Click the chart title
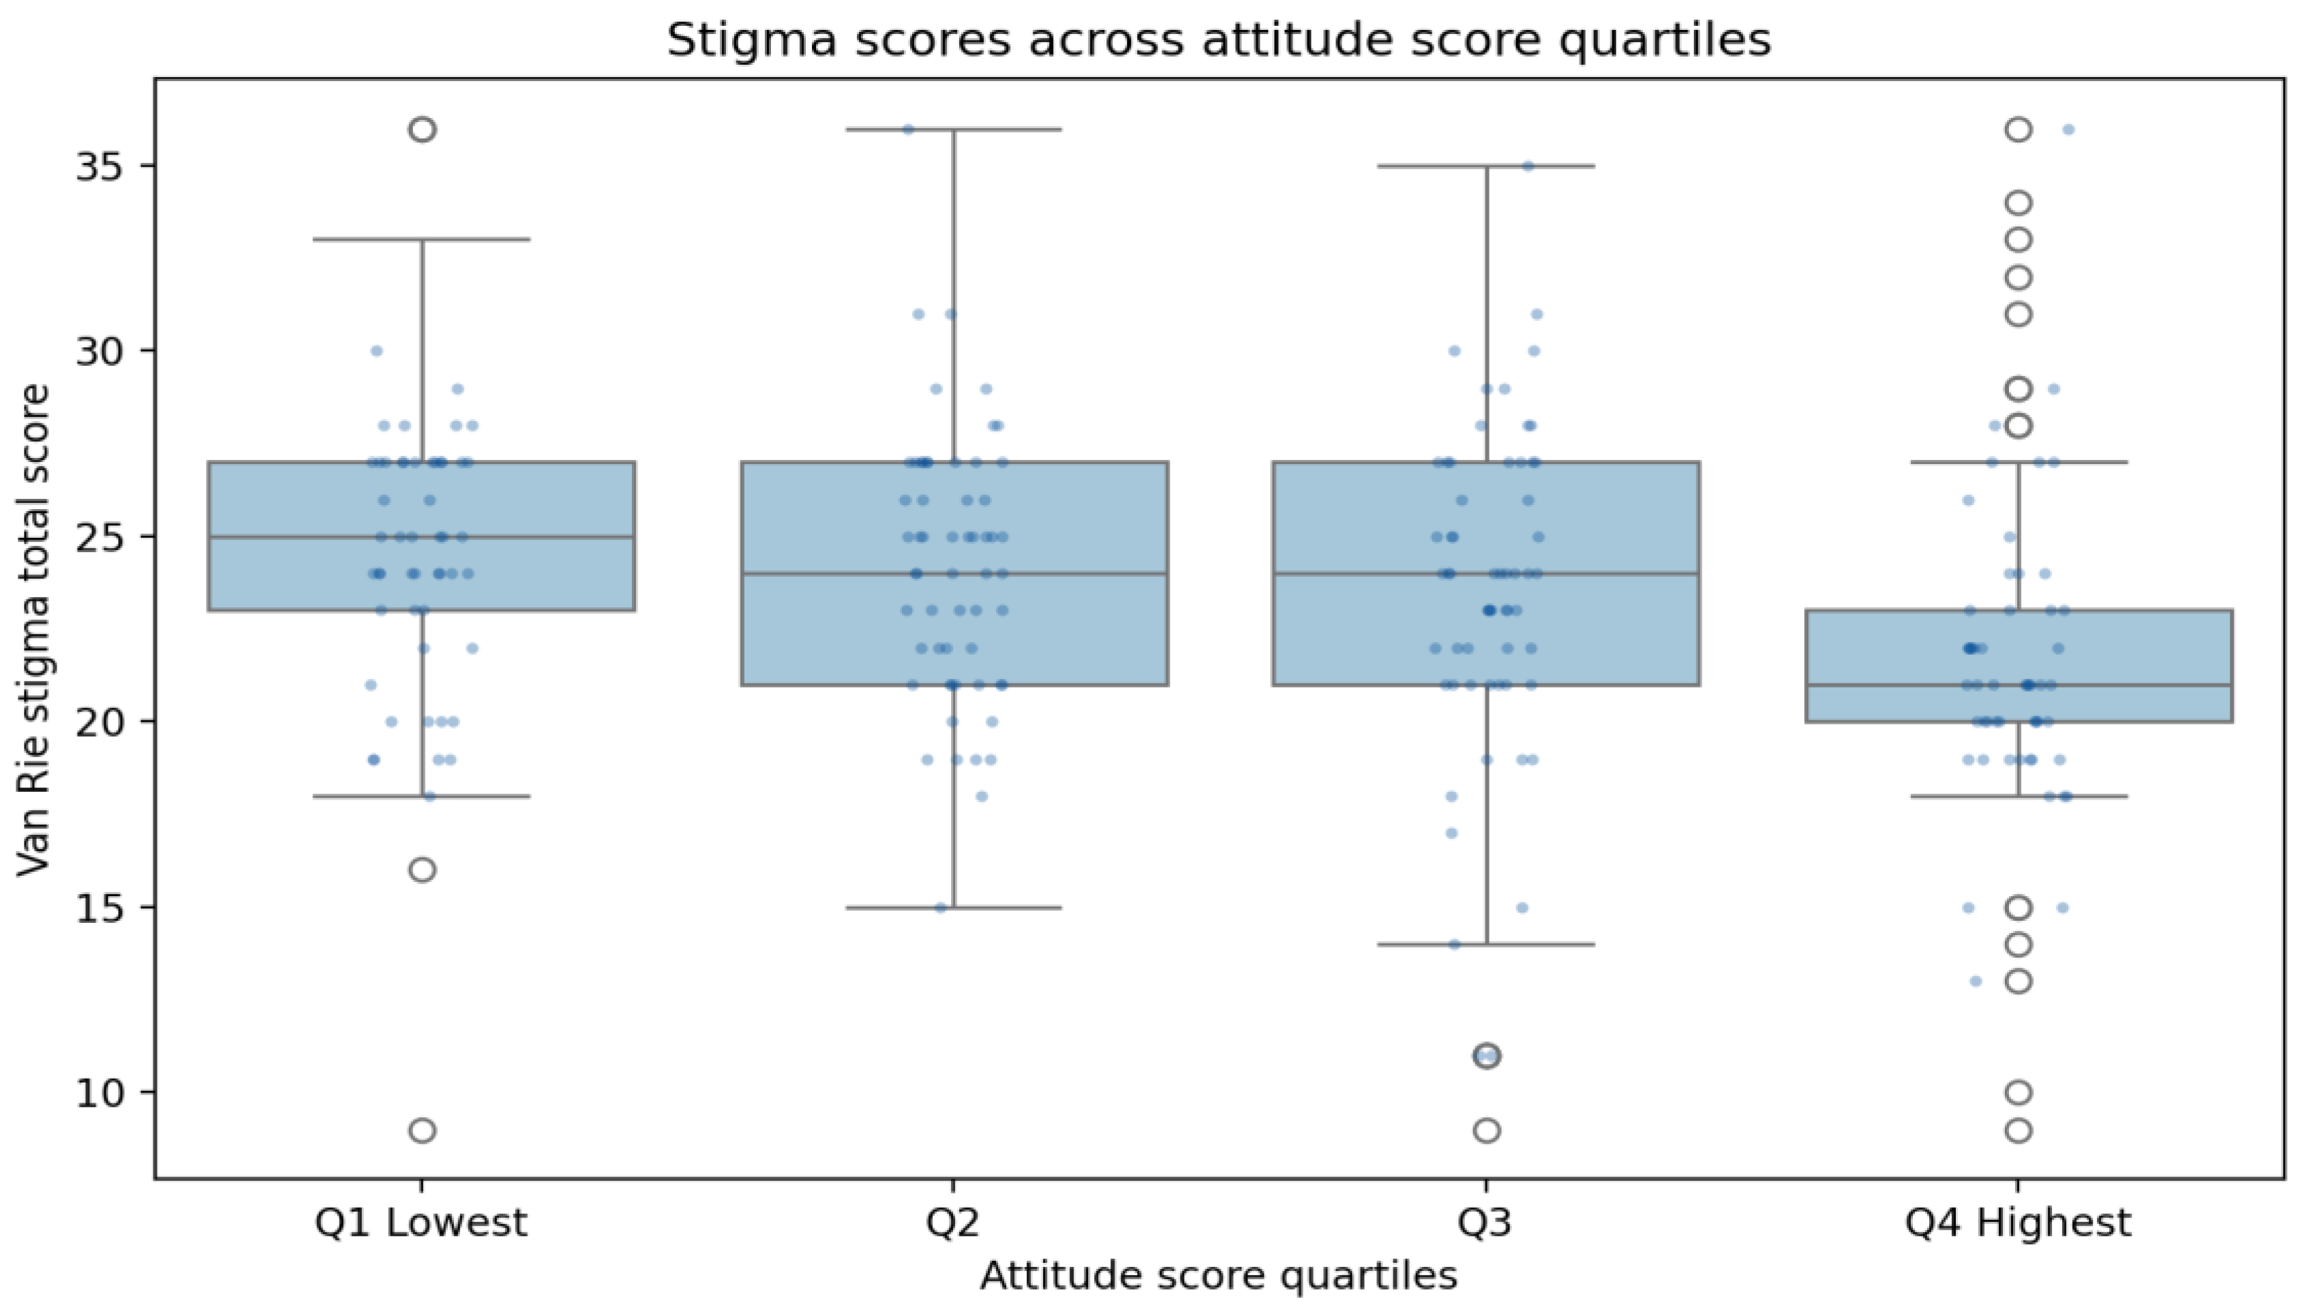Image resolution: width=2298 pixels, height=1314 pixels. point(1218,40)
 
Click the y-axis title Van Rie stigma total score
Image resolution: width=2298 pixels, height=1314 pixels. point(34,629)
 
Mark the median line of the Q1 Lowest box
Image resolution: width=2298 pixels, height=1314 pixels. point(421,536)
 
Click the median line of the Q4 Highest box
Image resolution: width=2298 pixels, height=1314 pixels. point(2019,685)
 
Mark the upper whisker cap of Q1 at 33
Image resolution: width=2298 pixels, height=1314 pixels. point(421,239)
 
